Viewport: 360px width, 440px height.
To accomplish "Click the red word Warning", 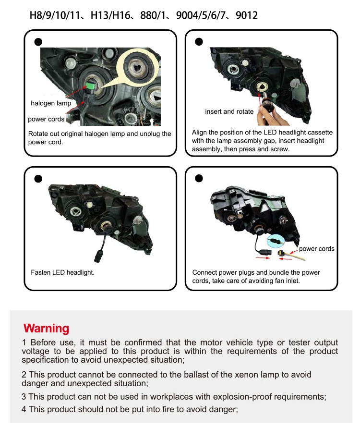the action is pyautogui.click(x=46, y=328).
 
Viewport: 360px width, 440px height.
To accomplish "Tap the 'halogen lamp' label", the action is pyautogui.click(x=51, y=103).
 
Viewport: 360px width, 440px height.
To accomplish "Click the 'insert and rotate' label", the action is pyautogui.click(x=229, y=111).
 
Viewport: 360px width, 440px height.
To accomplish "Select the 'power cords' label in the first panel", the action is pyautogui.click(x=46, y=119).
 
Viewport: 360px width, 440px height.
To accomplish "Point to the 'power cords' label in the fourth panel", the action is pyautogui.click(x=316, y=249).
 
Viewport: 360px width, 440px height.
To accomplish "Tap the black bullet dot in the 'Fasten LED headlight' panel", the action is pyautogui.click(x=38, y=179).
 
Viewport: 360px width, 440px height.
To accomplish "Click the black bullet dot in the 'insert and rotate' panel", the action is pyautogui.click(x=199, y=42).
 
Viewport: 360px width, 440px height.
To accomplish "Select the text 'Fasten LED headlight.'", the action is pyautogui.click(x=62, y=272).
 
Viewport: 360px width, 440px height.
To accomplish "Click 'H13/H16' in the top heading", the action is pyautogui.click(x=110, y=15).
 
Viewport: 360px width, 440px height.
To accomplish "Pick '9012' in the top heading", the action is pyautogui.click(x=247, y=15).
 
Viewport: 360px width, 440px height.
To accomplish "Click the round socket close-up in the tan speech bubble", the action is pyautogui.click(x=136, y=66).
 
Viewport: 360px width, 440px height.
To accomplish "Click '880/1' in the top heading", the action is pyautogui.click(x=153, y=15).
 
